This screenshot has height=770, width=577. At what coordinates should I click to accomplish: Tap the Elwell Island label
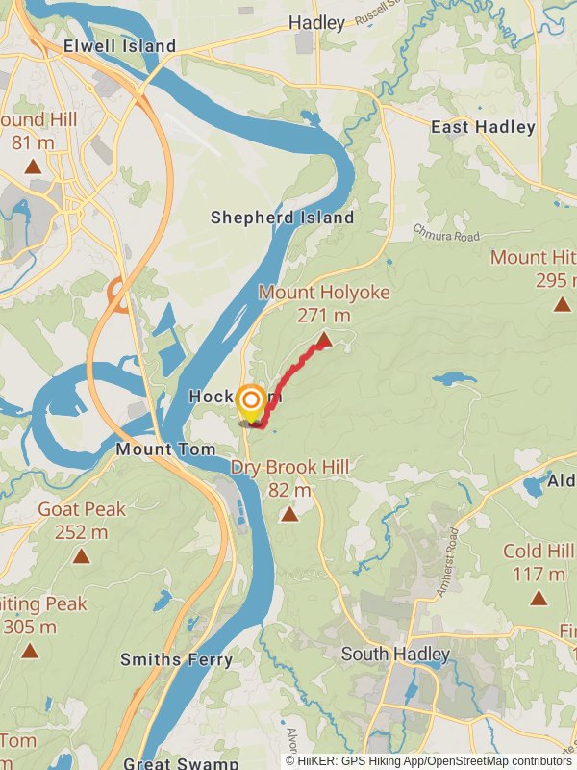119,46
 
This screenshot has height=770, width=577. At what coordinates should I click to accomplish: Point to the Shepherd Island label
283,218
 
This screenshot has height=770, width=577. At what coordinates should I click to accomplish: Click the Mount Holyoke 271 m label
311,302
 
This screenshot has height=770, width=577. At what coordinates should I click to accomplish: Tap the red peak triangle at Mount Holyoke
325,339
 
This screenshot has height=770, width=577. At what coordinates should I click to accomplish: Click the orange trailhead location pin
251,403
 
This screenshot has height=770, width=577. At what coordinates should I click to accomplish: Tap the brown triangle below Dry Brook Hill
289,514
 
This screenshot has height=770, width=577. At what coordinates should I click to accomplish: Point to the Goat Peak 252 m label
81,520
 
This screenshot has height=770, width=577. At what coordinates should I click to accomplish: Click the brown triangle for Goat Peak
81,556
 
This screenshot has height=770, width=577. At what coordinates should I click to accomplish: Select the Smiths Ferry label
176,659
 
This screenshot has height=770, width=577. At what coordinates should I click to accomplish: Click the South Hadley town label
395,654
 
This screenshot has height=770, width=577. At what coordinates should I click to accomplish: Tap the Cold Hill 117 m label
538,562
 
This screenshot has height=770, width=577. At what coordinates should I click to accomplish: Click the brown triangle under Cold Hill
539,598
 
